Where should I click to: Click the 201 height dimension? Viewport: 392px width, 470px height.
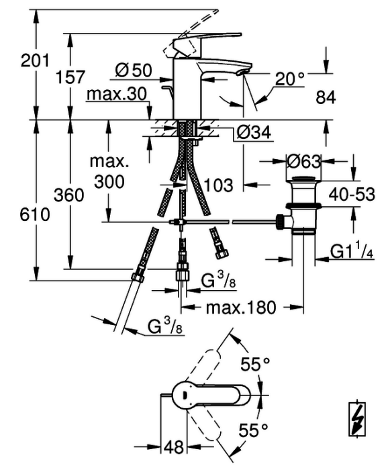click(34, 60)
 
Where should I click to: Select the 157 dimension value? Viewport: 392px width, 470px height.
click(70, 77)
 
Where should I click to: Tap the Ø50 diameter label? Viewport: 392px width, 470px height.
click(134, 70)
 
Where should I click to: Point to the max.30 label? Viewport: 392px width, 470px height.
click(117, 94)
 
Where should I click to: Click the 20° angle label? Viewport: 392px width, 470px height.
click(289, 79)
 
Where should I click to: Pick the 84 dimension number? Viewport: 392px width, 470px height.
click(326, 97)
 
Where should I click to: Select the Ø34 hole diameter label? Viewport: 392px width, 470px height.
click(254, 132)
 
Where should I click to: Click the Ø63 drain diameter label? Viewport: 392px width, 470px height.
click(304, 162)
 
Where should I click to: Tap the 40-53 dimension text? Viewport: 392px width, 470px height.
click(352, 194)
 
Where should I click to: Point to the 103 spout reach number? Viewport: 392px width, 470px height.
click(218, 185)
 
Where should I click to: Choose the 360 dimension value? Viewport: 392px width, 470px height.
click(69, 195)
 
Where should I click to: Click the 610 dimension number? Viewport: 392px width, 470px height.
click(35, 215)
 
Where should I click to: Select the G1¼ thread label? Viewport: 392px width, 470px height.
click(352, 251)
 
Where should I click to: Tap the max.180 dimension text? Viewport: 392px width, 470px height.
click(241, 308)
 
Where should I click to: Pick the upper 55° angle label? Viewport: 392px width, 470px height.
click(255, 364)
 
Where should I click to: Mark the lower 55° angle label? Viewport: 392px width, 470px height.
click(254, 430)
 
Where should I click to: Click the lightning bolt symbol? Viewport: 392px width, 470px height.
click(357, 419)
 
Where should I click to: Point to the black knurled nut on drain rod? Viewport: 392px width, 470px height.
click(279, 222)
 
